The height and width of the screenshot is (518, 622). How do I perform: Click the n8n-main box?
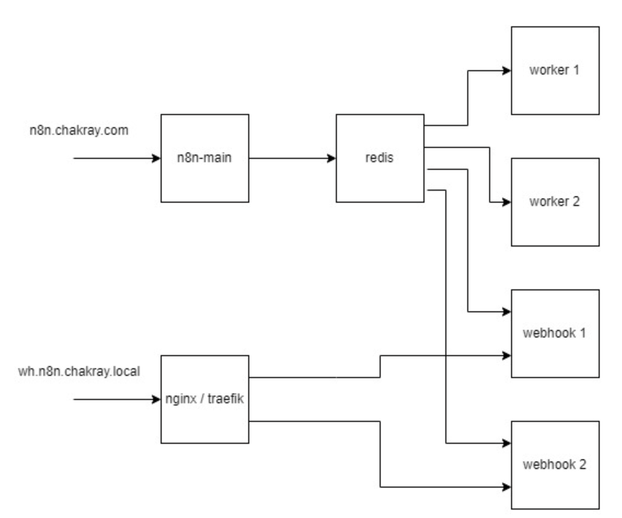pos(204,157)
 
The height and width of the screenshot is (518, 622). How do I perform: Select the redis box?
pos(380,157)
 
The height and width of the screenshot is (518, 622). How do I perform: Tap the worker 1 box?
pos(555,71)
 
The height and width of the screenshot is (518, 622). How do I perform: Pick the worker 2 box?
pos(555,202)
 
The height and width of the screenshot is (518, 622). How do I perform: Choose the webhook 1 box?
pos(555,333)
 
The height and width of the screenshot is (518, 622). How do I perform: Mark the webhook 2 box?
pos(555,465)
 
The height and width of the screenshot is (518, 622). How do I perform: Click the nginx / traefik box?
pos(204,400)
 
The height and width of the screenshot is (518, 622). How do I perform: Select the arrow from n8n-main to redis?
pos(292,158)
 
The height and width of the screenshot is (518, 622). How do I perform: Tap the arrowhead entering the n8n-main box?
pos(155,158)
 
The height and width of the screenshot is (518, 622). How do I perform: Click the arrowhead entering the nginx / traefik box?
pos(155,400)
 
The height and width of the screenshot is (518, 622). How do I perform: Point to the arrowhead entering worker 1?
pos(505,71)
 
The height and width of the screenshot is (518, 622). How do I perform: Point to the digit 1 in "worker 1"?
pos(577,71)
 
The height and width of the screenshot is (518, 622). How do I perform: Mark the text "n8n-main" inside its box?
pos(204,158)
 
